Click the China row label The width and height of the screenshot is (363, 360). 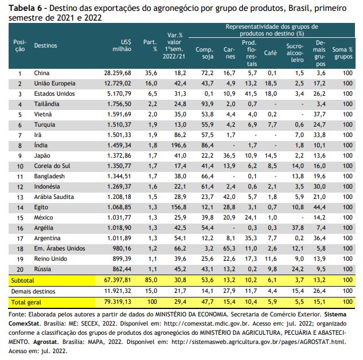(x=42, y=73)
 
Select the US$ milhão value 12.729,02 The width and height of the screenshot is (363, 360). (x=118, y=83)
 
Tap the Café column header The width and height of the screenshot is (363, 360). (x=270, y=53)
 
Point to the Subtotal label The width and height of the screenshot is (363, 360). (x=22, y=280)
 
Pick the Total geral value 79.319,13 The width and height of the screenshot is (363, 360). (x=118, y=302)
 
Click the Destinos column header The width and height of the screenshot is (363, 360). (x=45, y=45)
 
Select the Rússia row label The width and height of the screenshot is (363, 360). (x=42, y=269)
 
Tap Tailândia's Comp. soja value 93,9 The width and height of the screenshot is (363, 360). (x=208, y=104)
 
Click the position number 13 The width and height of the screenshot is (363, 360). (x=20, y=197)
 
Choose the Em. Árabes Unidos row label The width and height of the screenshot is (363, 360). (x=60, y=248)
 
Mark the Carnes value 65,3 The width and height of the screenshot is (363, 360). (x=229, y=248)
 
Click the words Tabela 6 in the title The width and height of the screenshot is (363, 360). (x=25, y=9)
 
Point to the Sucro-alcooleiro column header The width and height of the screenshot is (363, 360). (x=295, y=53)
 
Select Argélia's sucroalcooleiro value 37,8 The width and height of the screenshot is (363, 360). (x=298, y=228)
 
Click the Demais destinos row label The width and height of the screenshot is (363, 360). (x=33, y=291)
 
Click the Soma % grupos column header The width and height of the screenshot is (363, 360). (x=342, y=53)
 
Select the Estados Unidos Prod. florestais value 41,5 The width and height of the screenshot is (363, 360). (x=251, y=93)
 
